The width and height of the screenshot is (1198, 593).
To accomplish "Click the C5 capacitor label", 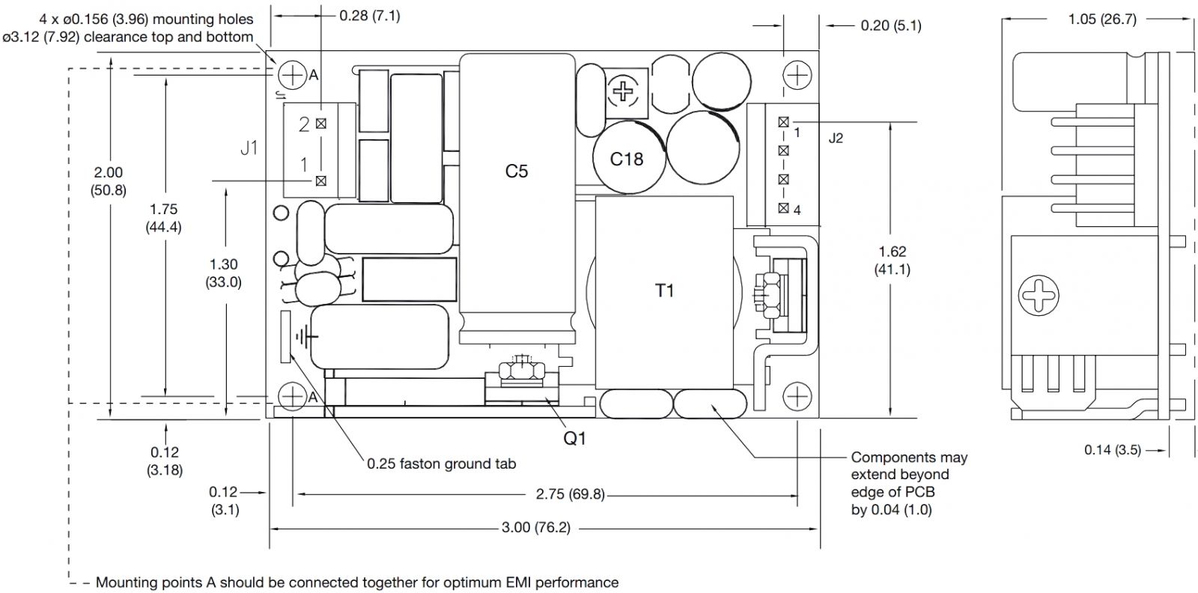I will coord(516,171).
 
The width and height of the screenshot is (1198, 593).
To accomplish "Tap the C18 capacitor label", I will coord(627,159).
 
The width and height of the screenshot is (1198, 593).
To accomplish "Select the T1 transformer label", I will coord(664,291).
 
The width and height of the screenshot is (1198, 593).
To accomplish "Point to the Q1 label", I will coord(574,439).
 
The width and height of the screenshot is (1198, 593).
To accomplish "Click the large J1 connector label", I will coord(249,148).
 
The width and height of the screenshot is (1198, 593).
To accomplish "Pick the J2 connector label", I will coord(836,139).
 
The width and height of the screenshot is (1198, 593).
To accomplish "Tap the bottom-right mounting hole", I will coord(798,395).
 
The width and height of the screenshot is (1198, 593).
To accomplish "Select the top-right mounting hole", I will coord(798,74).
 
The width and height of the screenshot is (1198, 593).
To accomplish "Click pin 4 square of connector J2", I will coord(783,208).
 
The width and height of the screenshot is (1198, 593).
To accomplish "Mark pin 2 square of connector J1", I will coord(321,124).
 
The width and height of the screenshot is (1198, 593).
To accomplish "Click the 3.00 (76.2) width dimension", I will coord(535,528).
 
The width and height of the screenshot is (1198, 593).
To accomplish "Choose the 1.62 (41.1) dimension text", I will coord(893,261).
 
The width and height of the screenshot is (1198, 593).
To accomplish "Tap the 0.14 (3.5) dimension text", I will coord(1112,450).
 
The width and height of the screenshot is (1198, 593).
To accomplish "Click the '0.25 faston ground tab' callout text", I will coord(441,464).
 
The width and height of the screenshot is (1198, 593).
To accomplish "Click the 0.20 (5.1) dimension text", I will coord(890,25).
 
